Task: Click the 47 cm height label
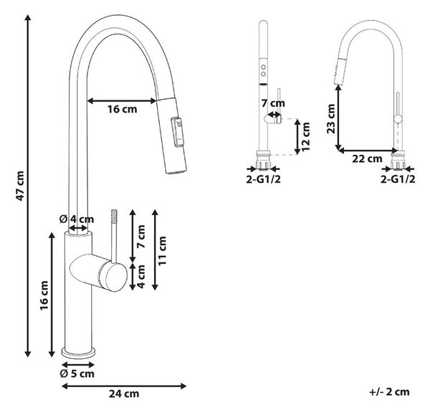tap(21, 186)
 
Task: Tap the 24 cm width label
tap(124, 394)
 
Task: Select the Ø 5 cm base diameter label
tap(77, 373)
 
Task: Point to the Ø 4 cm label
tap(77, 219)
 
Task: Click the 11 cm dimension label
tap(162, 250)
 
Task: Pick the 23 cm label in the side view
tap(331, 119)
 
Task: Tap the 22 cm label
tap(367, 158)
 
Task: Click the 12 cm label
tap(305, 137)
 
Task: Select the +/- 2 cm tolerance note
tap(389, 391)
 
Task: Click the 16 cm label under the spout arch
tap(122, 109)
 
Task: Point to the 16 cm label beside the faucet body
tap(44, 295)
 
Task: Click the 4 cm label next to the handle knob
tap(140, 276)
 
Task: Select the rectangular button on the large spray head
tap(177, 133)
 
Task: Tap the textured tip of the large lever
tap(113, 216)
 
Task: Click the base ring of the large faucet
tap(78, 352)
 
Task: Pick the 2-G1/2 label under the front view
tap(263, 179)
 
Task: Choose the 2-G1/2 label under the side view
tap(398, 179)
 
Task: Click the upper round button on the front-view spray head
tap(263, 67)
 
